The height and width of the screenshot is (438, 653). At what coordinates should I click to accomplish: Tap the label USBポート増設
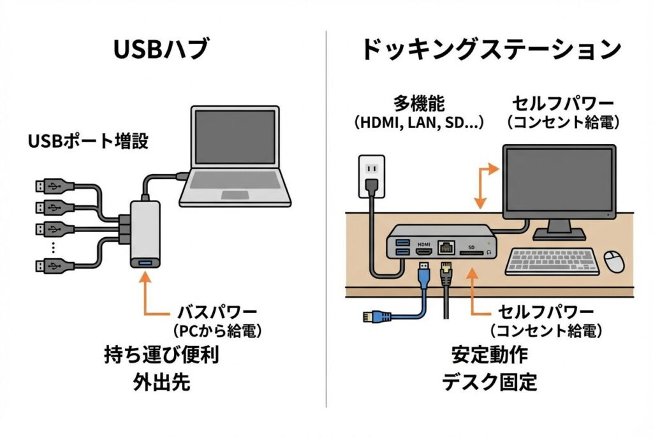(88, 141)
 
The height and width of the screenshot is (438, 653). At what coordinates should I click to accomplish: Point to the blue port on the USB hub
(145, 262)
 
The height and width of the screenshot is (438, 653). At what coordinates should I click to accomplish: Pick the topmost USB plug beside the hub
(48, 187)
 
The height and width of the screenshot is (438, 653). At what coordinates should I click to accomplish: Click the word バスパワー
(217, 312)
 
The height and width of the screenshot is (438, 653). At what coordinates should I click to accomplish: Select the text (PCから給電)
(217, 331)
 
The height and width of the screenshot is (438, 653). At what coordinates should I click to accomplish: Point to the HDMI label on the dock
(424, 244)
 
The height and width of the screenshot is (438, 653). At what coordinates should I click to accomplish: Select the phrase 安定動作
(489, 355)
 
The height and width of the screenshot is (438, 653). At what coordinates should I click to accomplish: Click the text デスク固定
(489, 383)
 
